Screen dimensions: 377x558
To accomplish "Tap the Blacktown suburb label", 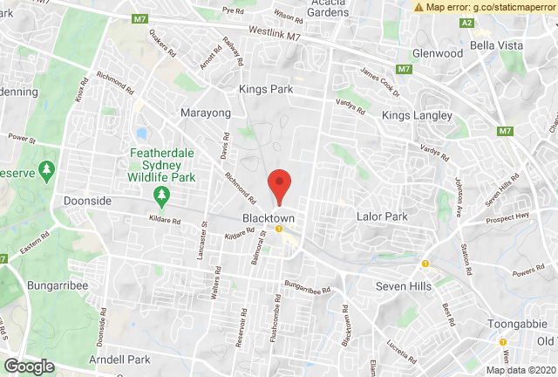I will (269, 217).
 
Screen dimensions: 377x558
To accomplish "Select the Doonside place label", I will (88, 200).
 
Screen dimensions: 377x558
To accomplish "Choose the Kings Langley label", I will (417, 115).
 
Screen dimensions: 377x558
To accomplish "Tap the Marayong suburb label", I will (207, 113).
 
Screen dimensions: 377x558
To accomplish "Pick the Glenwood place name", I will (438, 53).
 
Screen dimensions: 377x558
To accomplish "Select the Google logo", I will (29, 366).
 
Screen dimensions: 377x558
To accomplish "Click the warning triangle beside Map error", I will (420, 7).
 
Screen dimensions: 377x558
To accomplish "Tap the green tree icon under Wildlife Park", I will (160, 193).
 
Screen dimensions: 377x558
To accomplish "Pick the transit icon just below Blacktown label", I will (278, 229).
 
